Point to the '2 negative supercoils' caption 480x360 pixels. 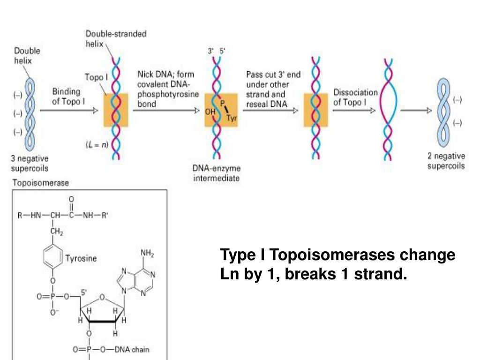(x=446, y=161)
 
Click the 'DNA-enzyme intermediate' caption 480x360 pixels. (x=216, y=173)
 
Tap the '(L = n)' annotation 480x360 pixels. (x=97, y=144)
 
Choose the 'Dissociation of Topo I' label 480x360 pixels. (x=355, y=97)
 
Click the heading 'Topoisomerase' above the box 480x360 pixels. (x=40, y=182)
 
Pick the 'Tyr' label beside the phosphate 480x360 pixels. (x=232, y=118)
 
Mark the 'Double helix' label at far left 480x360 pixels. (x=27, y=55)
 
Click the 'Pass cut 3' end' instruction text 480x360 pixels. (x=274, y=75)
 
